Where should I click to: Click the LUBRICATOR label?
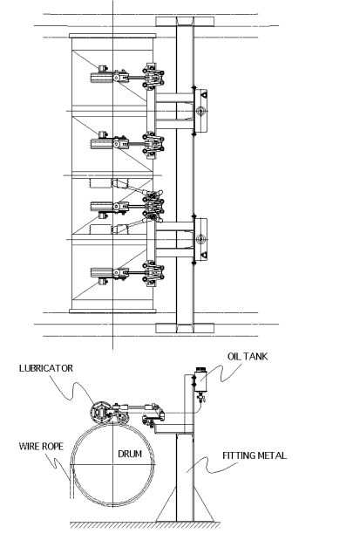tap(46, 368)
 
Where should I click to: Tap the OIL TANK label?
tap(248, 356)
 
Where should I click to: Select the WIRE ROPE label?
tap(41, 446)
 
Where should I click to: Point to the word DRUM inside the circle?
tap(130, 454)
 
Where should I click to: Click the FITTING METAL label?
tap(255, 455)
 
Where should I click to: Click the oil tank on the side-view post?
tap(200, 380)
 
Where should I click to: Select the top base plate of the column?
tap(185, 21)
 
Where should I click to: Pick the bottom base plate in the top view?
tap(185, 328)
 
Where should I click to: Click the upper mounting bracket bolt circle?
tap(200, 111)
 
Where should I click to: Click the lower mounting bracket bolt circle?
tap(200, 239)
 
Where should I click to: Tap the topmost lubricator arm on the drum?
tap(126, 76)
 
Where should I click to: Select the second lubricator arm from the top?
tap(126, 142)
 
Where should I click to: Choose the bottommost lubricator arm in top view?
tap(126, 274)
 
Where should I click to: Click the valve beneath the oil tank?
tap(201, 398)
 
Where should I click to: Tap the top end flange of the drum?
tap(112, 36)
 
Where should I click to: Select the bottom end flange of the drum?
tap(112, 311)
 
